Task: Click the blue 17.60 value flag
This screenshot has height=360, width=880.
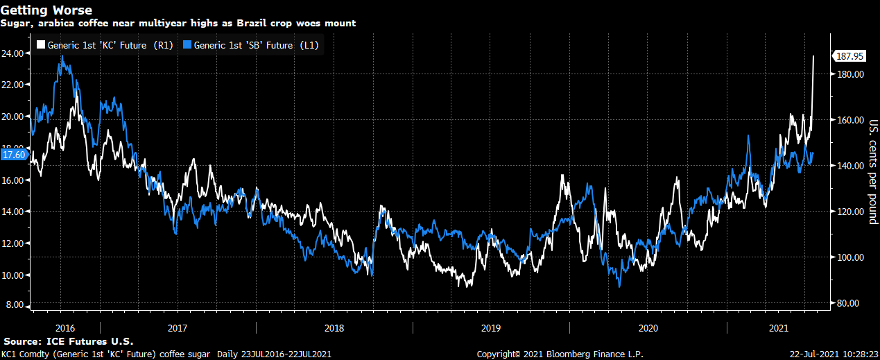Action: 14,155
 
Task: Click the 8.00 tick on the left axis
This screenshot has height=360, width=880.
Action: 17,306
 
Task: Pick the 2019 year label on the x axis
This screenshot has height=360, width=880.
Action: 490,327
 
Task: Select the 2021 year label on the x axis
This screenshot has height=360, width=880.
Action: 779,327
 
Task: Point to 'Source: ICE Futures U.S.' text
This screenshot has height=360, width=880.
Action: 68,342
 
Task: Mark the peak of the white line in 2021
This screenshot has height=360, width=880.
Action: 813,56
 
